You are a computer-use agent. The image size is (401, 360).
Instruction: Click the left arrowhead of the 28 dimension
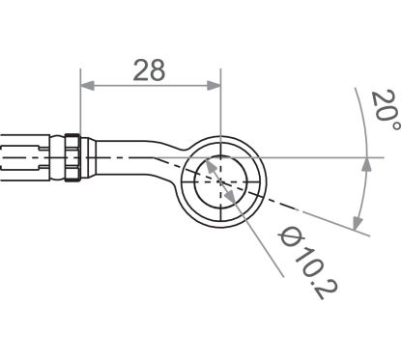(85, 86)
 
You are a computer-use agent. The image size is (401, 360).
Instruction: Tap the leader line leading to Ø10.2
(256, 217)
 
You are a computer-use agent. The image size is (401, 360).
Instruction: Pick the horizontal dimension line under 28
(151, 86)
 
